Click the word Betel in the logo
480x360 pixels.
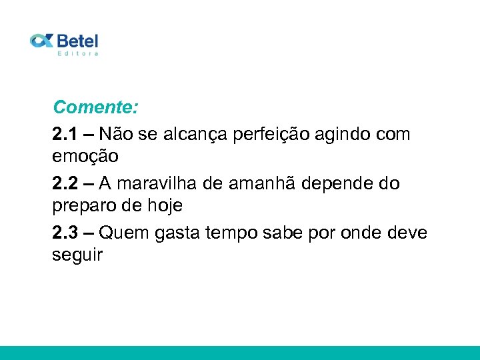pyautogui.click(x=77, y=41)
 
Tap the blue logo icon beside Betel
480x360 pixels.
pyautogui.click(x=41, y=41)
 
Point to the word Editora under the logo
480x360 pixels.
pyautogui.click(x=78, y=53)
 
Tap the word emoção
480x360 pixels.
pyautogui.click(x=85, y=157)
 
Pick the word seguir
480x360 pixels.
pyautogui.click(x=77, y=255)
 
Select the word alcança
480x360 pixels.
pyautogui.click(x=195, y=134)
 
